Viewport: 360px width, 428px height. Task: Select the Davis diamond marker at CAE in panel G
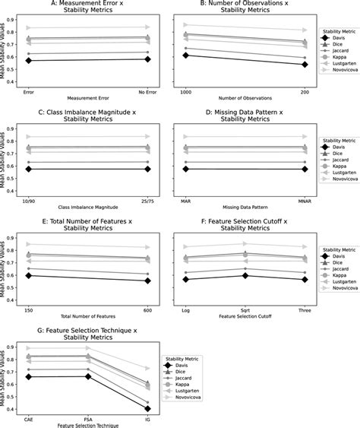click(x=29, y=376)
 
